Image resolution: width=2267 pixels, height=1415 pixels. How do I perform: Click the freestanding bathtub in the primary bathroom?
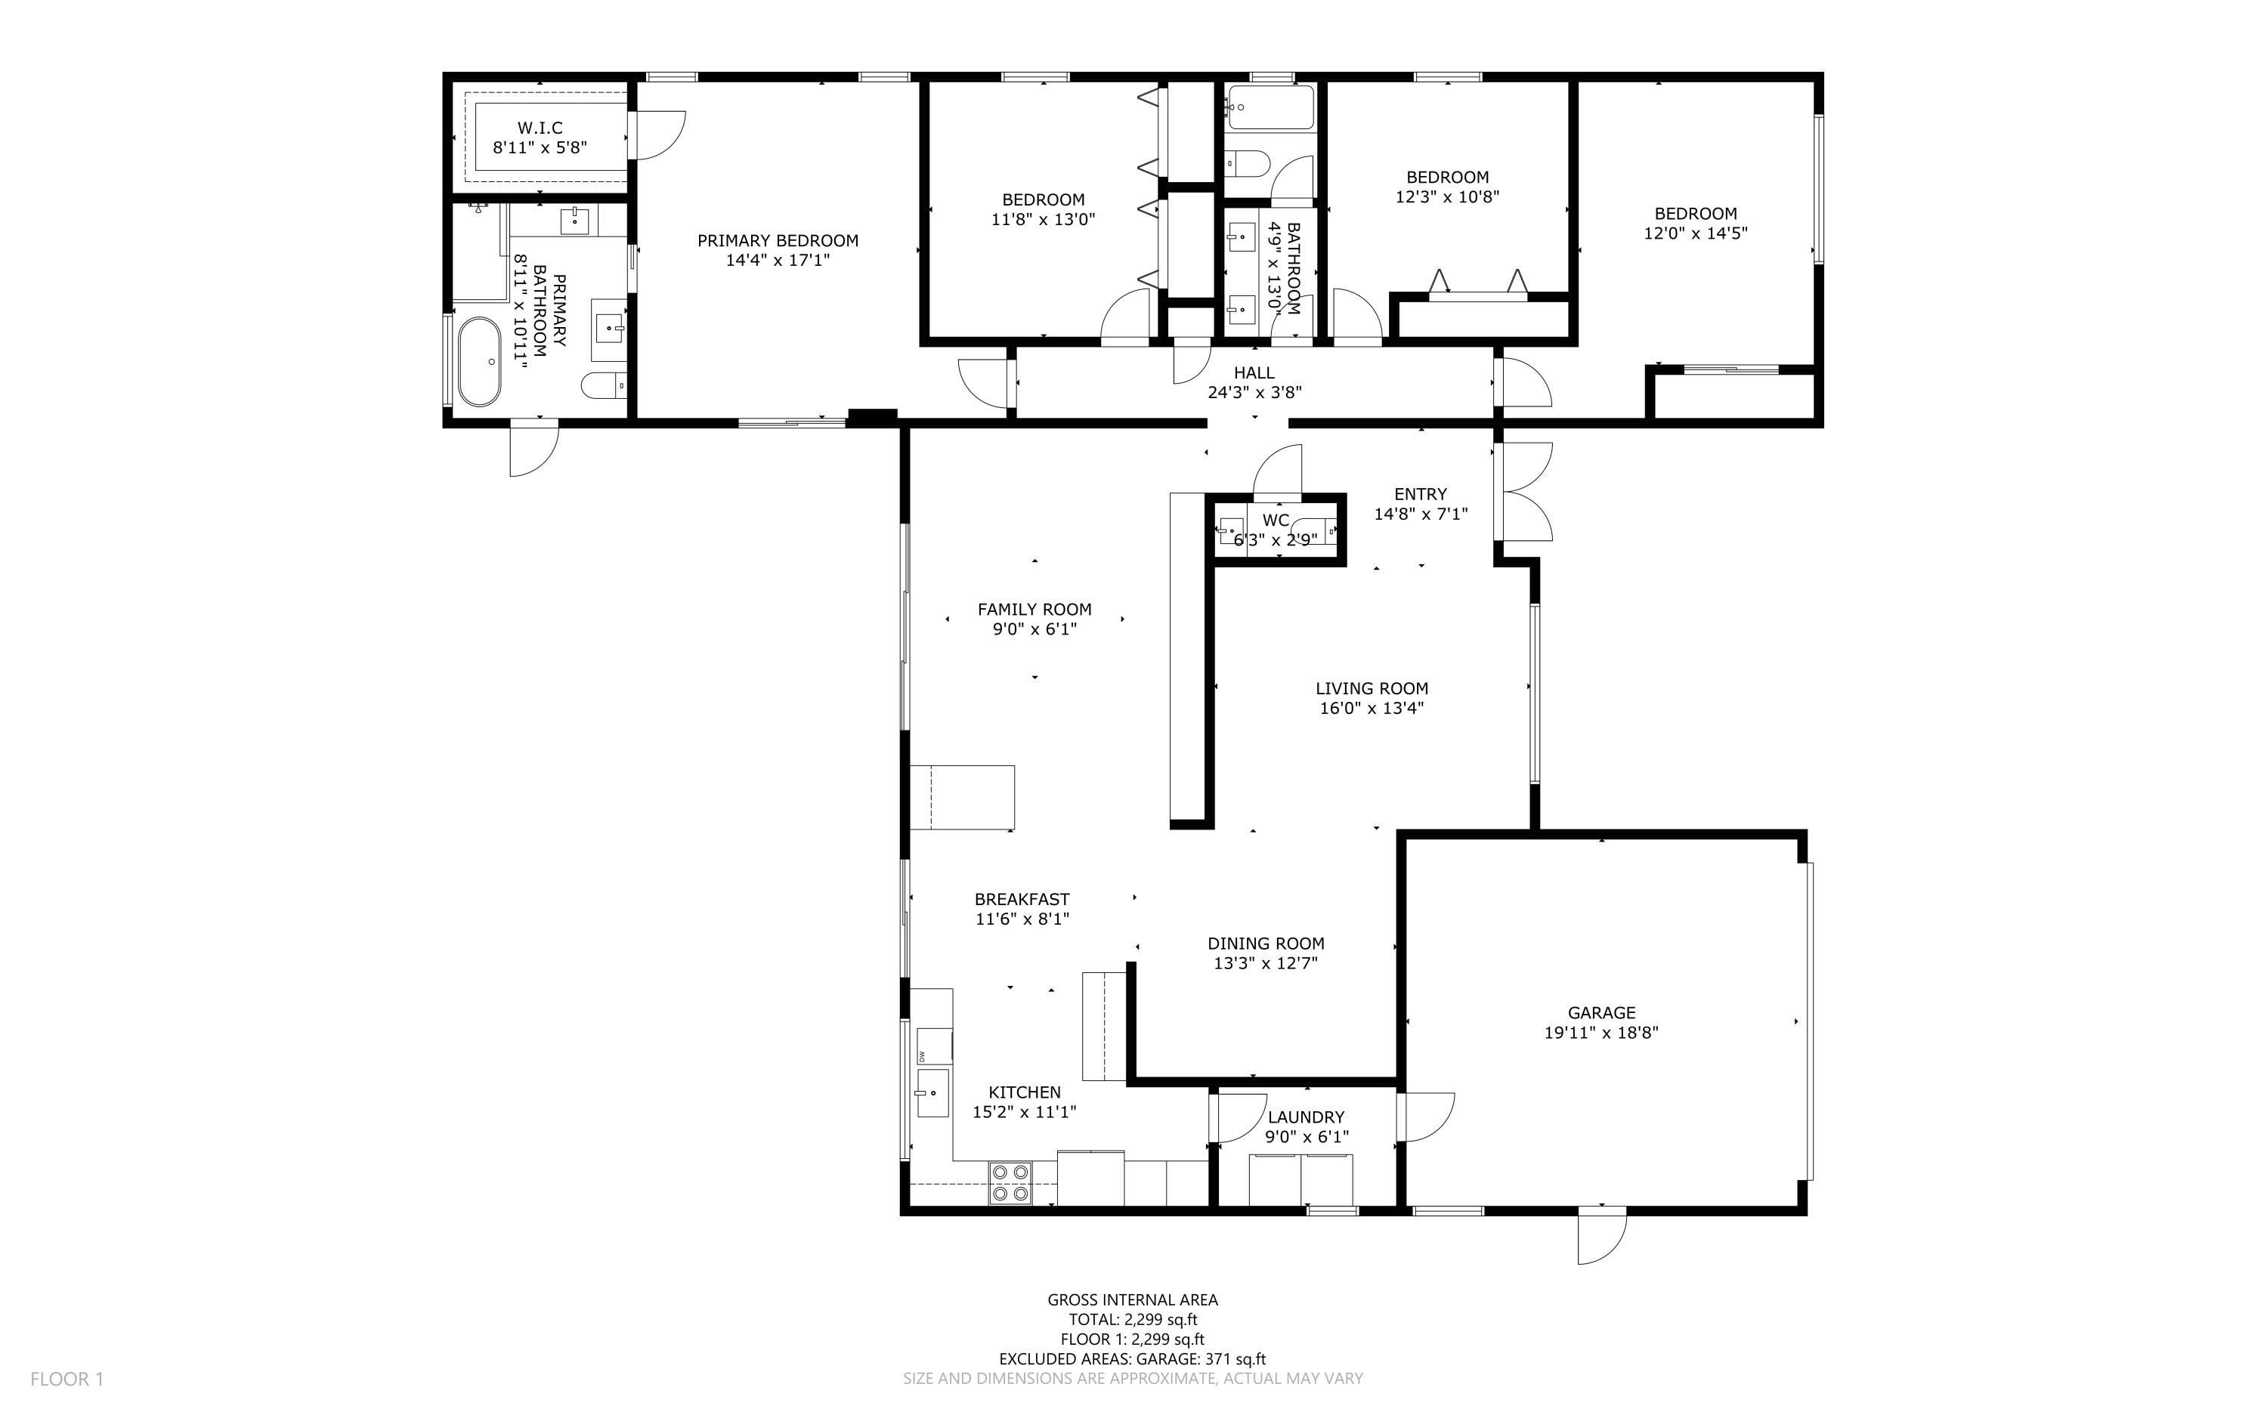[x=479, y=361]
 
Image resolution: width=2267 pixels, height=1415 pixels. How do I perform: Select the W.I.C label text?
[x=540, y=127]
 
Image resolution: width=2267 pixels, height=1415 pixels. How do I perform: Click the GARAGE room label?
[x=1601, y=1012]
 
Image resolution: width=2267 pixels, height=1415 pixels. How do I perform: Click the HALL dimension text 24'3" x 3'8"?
[x=1254, y=393]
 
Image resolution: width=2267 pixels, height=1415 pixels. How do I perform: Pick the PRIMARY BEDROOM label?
[x=778, y=240]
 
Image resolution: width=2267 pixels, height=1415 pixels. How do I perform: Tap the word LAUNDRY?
[x=1306, y=1117]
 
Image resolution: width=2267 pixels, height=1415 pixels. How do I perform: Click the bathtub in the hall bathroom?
[x=1270, y=107]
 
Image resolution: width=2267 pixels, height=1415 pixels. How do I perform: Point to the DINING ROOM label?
[x=1266, y=944]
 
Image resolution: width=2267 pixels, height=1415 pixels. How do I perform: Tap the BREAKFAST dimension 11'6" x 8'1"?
[x=1022, y=919]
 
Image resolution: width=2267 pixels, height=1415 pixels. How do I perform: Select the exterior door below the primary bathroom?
[x=533, y=451]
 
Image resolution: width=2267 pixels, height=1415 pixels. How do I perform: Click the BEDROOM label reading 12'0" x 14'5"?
[x=1695, y=233]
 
